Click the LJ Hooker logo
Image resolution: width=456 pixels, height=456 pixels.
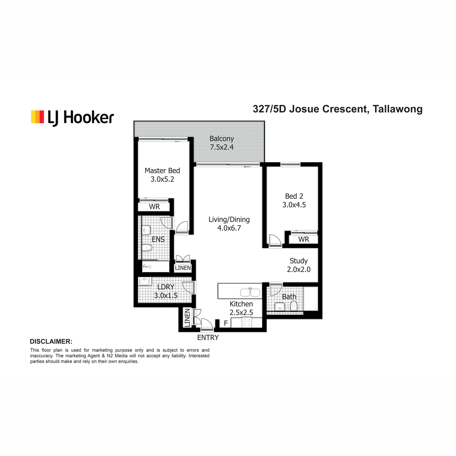coord(73,117)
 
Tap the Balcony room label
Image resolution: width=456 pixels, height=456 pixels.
coord(222,139)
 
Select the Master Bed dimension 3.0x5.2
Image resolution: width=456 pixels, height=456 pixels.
coord(162,179)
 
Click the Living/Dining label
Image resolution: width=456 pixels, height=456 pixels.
coord(229,220)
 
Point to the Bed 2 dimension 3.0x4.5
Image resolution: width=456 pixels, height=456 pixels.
coord(294,205)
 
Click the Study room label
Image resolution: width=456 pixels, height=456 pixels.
coord(299,261)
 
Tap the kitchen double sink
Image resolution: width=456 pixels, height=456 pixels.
coord(250,292)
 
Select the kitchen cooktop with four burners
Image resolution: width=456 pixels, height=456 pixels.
coord(247,323)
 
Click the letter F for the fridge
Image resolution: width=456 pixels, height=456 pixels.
coord(226,323)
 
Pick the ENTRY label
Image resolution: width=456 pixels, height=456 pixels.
coord(208,338)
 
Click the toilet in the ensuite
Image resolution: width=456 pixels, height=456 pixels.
coord(147,248)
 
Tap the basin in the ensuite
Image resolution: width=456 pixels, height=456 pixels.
coord(146,230)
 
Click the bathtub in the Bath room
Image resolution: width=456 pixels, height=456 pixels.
coord(311,299)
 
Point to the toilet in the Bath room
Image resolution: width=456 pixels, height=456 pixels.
coord(294,306)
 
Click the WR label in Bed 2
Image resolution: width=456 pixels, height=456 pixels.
coord(304,239)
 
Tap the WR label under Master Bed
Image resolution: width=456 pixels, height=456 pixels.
coord(154,207)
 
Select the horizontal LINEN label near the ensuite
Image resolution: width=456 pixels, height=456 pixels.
coord(183,268)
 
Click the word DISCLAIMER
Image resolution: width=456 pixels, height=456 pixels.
coord(51,342)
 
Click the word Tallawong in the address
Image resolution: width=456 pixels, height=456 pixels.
coord(397,109)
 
